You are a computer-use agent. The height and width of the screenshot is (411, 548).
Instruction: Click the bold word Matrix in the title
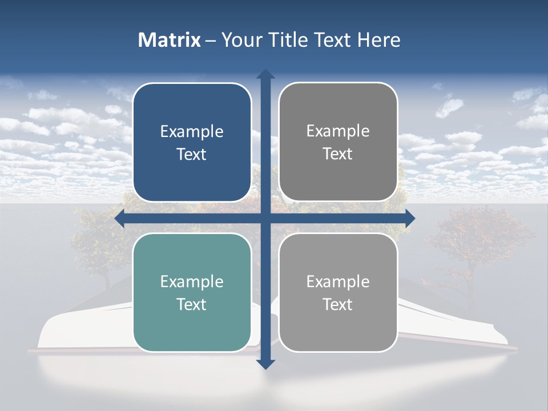170,40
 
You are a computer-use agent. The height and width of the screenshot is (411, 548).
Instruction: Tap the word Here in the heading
378,40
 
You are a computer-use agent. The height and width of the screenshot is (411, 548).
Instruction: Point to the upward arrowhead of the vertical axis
265,74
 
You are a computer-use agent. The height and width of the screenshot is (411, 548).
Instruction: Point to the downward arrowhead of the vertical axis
265,364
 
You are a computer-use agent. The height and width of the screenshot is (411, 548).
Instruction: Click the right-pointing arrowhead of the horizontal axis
410,218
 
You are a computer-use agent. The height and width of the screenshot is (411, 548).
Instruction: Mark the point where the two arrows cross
265,218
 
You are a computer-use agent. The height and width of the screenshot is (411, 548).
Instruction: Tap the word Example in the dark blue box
192,132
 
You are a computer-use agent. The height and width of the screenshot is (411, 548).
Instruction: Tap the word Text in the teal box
192,305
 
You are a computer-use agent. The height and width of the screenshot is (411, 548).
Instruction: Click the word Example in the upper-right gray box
338,131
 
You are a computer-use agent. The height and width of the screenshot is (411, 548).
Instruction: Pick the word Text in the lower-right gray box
338,305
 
